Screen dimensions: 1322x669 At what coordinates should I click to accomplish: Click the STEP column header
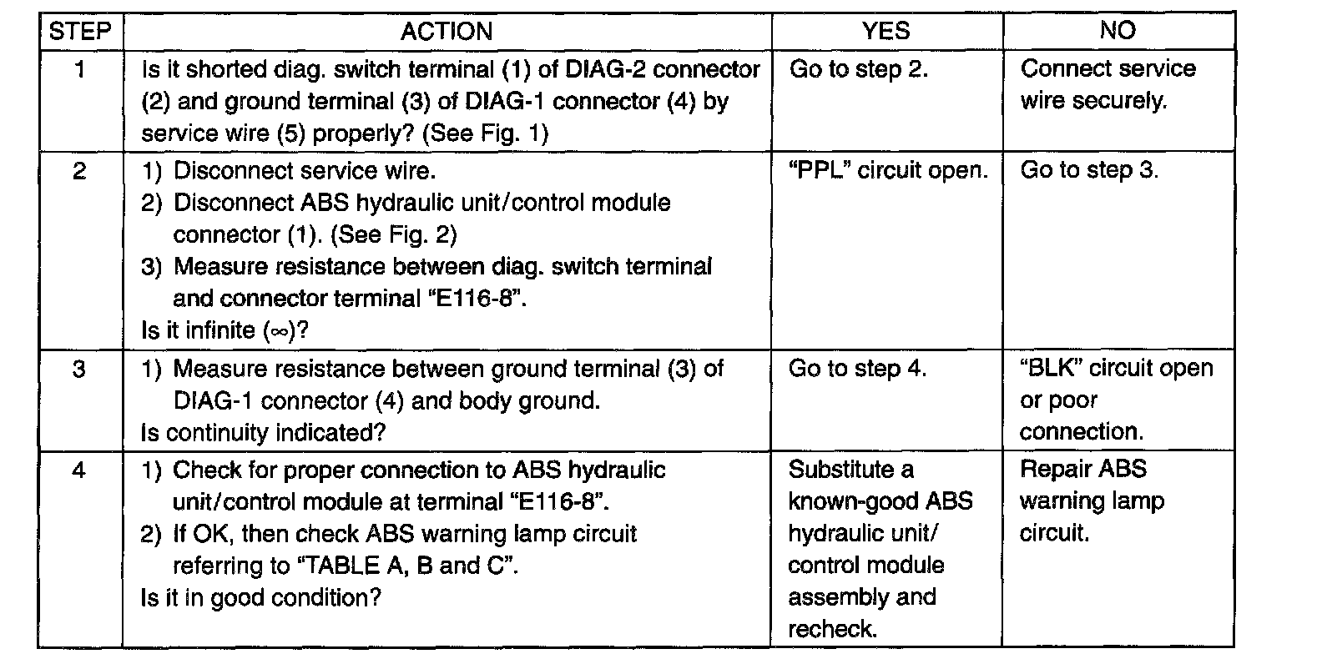pos(79,31)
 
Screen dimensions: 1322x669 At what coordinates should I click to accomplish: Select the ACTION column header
pos(447,31)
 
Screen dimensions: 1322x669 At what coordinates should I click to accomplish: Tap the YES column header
pos(886,31)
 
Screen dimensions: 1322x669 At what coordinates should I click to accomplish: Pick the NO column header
pos(1118,30)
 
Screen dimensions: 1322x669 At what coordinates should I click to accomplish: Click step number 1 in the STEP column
pos(79,70)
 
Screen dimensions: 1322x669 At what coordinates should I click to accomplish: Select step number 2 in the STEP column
pos(79,171)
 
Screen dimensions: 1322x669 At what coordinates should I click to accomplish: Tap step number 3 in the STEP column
pos(79,370)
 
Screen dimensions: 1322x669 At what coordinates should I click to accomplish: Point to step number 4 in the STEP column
pos(79,470)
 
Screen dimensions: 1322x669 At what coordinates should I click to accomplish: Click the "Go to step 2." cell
pos(859,69)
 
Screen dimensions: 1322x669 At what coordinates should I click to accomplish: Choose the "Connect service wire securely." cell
pos(1108,84)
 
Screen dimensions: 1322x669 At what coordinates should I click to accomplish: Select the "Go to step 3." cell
pos(1089,170)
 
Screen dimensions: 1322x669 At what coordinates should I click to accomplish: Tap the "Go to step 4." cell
pos(857,368)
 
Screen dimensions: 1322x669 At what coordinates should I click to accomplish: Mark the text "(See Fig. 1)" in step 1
pos(485,133)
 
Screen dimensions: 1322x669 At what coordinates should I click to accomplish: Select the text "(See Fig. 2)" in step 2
pos(394,234)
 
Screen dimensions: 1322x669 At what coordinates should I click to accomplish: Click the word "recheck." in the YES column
pos(832,629)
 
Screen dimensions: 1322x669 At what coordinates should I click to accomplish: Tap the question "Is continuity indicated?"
pos(263,432)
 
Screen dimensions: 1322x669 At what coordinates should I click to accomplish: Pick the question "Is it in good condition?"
pos(261,598)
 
